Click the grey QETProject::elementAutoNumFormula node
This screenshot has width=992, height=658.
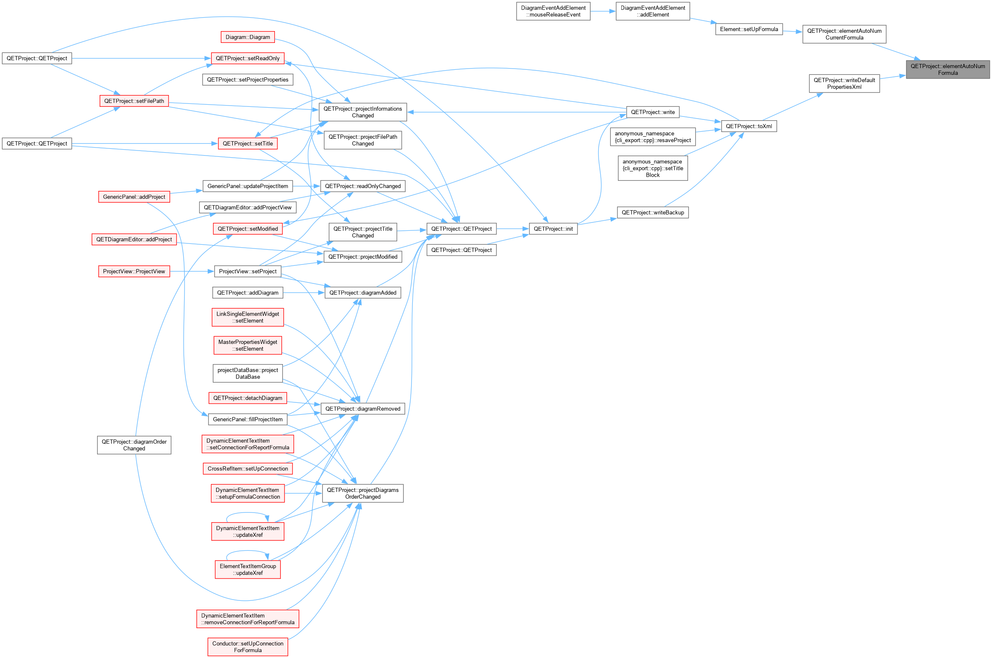coord(947,69)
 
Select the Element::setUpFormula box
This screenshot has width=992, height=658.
coord(749,29)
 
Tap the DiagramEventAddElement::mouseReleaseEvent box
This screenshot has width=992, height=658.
coord(553,11)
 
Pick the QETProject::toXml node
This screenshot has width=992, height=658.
coord(749,126)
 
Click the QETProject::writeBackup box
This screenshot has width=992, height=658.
coord(652,212)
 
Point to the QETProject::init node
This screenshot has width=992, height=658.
coord(553,229)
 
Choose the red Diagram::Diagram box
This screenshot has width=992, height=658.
coord(248,37)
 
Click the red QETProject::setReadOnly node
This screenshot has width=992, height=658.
coord(248,58)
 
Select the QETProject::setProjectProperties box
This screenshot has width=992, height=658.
coord(248,79)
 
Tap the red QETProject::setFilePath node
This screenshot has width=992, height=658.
coord(134,101)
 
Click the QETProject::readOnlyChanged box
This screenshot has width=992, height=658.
coord(363,186)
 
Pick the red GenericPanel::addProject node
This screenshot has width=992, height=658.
coord(134,197)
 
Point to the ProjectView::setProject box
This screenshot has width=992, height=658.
coord(248,271)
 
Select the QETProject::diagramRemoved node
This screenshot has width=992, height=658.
coord(363,409)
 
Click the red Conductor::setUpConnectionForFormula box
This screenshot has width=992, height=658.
coord(248,647)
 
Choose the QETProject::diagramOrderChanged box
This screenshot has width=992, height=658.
coord(134,445)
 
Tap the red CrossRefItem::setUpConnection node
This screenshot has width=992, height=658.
coord(248,468)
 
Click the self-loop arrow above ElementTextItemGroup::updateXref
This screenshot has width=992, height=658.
coord(248,551)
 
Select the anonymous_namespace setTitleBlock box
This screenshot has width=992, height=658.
coord(652,168)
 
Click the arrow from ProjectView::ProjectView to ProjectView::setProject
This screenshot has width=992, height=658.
coord(192,271)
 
